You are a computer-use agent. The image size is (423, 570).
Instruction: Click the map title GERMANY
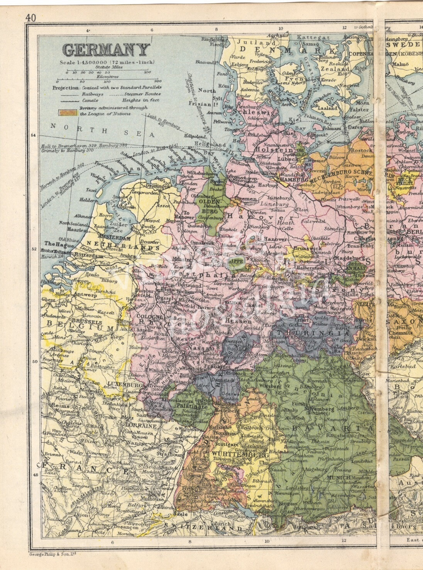point(106,50)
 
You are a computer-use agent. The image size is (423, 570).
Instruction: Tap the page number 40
point(30,18)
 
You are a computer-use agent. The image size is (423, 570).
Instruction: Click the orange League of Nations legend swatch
point(68,112)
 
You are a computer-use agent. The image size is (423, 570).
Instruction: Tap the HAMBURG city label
point(294,179)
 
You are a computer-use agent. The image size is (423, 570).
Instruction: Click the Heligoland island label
point(210,144)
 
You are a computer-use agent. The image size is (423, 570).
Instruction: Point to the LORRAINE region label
point(140,426)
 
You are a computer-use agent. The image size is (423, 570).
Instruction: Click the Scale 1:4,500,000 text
point(107,63)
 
